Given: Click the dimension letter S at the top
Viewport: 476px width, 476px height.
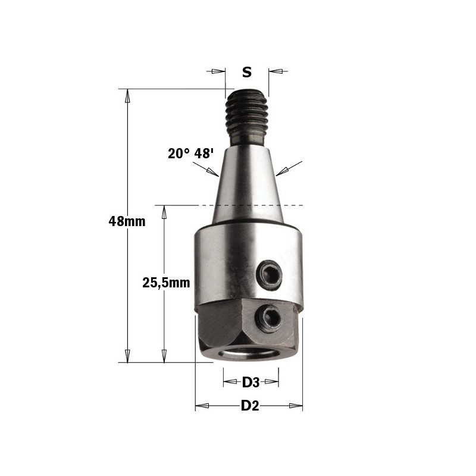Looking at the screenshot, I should pyautogui.click(x=247, y=73).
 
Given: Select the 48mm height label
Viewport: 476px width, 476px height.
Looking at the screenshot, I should pyautogui.click(x=127, y=221).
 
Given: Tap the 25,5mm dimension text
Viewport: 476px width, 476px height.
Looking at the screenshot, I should pyautogui.click(x=166, y=283).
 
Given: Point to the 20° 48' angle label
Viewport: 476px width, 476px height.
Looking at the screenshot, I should pyautogui.click(x=190, y=154).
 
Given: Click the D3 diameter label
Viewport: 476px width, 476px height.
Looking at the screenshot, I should pyautogui.click(x=251, y=382).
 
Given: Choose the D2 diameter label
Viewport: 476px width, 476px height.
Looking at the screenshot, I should pyautogui.click(x=250, y=406).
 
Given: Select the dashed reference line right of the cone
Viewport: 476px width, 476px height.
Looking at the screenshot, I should pyautogui.click(x=292, y=205).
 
